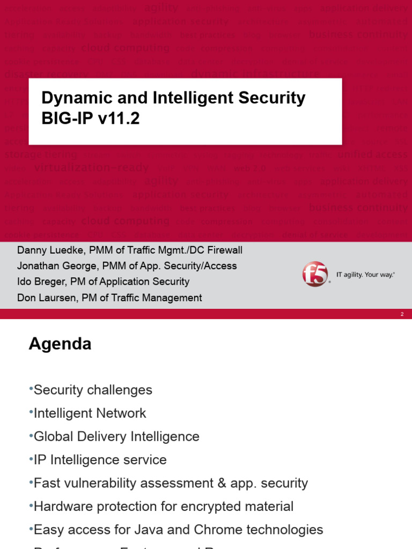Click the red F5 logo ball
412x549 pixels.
(x=315, y=274)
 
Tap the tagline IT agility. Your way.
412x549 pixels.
(x=365, y=274)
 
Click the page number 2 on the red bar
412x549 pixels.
(x=402, y=314)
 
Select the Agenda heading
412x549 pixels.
(x=60, y=344)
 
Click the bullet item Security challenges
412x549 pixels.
(x=93, y=390)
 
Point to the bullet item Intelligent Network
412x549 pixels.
(x=90, y=413)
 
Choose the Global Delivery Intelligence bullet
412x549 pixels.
(x=116, y=436)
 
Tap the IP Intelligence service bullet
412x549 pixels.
(x=100, y=460)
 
